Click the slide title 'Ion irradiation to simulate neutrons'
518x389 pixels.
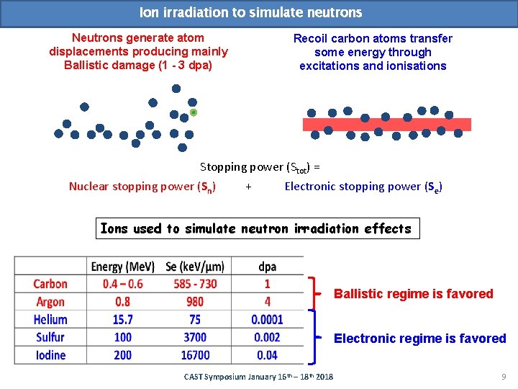(x=250, y=13)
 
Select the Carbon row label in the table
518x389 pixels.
(x=50, y=285)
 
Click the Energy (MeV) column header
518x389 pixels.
(x=117, y=267)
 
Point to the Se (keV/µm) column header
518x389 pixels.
(x=195, y=267)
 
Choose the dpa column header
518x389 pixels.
(x=267, y=267)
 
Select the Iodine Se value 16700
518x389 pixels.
(x=195, y=354)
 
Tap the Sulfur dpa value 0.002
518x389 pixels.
(x=267, y=337)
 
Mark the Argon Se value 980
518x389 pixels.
(x=195, y=302)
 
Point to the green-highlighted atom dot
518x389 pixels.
(x=193, y=112)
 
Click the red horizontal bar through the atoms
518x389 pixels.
(x=386, y=124)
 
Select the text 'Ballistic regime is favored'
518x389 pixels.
(x=413, y=294)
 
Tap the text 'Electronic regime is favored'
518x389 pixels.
(x=419, y=339)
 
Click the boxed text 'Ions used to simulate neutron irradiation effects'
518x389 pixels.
(x=256, y=229)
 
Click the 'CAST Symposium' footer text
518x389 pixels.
(x=258, y=377)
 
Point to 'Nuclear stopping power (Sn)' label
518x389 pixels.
(x=142, y=187)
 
